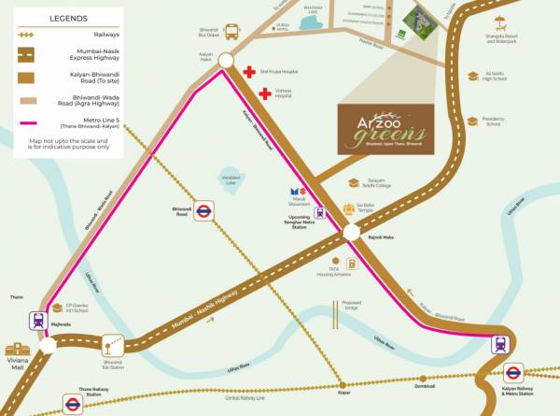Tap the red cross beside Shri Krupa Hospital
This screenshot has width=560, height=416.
click(249, 72)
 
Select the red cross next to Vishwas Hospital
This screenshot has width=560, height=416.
click(265, 93)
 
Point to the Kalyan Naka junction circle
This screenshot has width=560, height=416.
click(225, 61)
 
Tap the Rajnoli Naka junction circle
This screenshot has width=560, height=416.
click(352, 232)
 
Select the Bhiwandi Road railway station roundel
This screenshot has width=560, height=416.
click(202, 212)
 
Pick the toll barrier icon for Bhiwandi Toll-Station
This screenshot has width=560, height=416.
click(112, 345)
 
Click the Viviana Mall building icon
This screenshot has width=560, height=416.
click(18, 349)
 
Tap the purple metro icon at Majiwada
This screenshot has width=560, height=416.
click(38, 321)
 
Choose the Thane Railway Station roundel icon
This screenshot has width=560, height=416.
click(72, 404)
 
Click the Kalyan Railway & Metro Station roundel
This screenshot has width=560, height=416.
click(512, 372)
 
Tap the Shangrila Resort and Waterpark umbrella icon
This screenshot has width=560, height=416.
click(501, 22)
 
